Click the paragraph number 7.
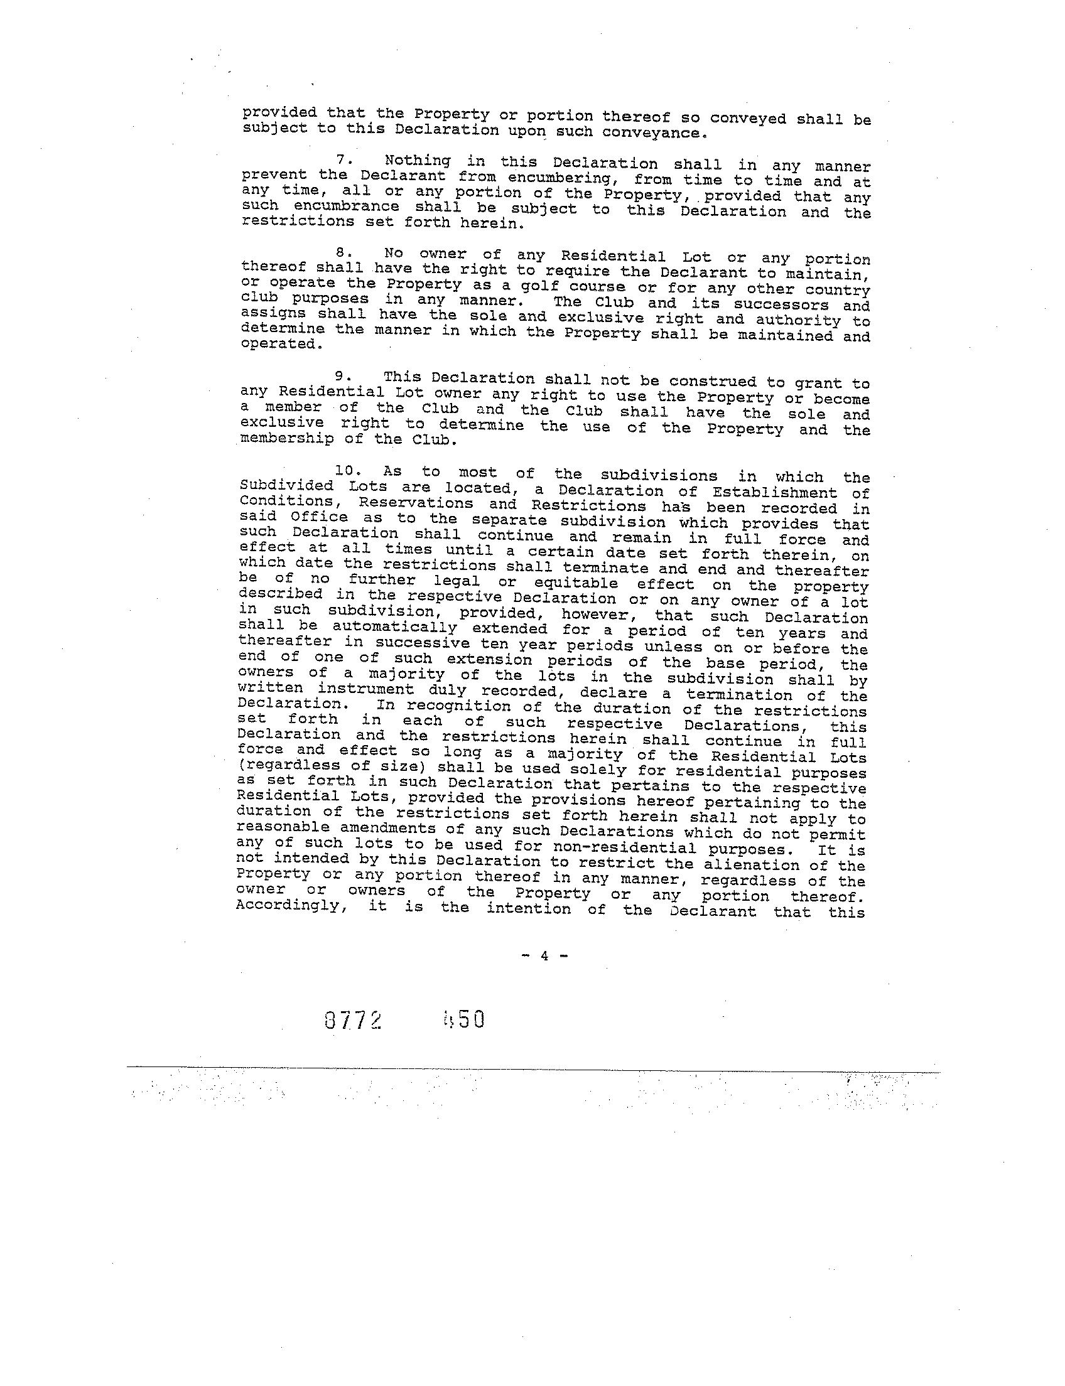click(x=343, y=160)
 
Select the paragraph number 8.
click(x=343, y=252)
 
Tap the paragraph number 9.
click(x=343, y=377)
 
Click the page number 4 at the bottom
click(x=544, y=955)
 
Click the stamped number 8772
click(x=352, y=1019)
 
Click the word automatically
click(x=394, y=628)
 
